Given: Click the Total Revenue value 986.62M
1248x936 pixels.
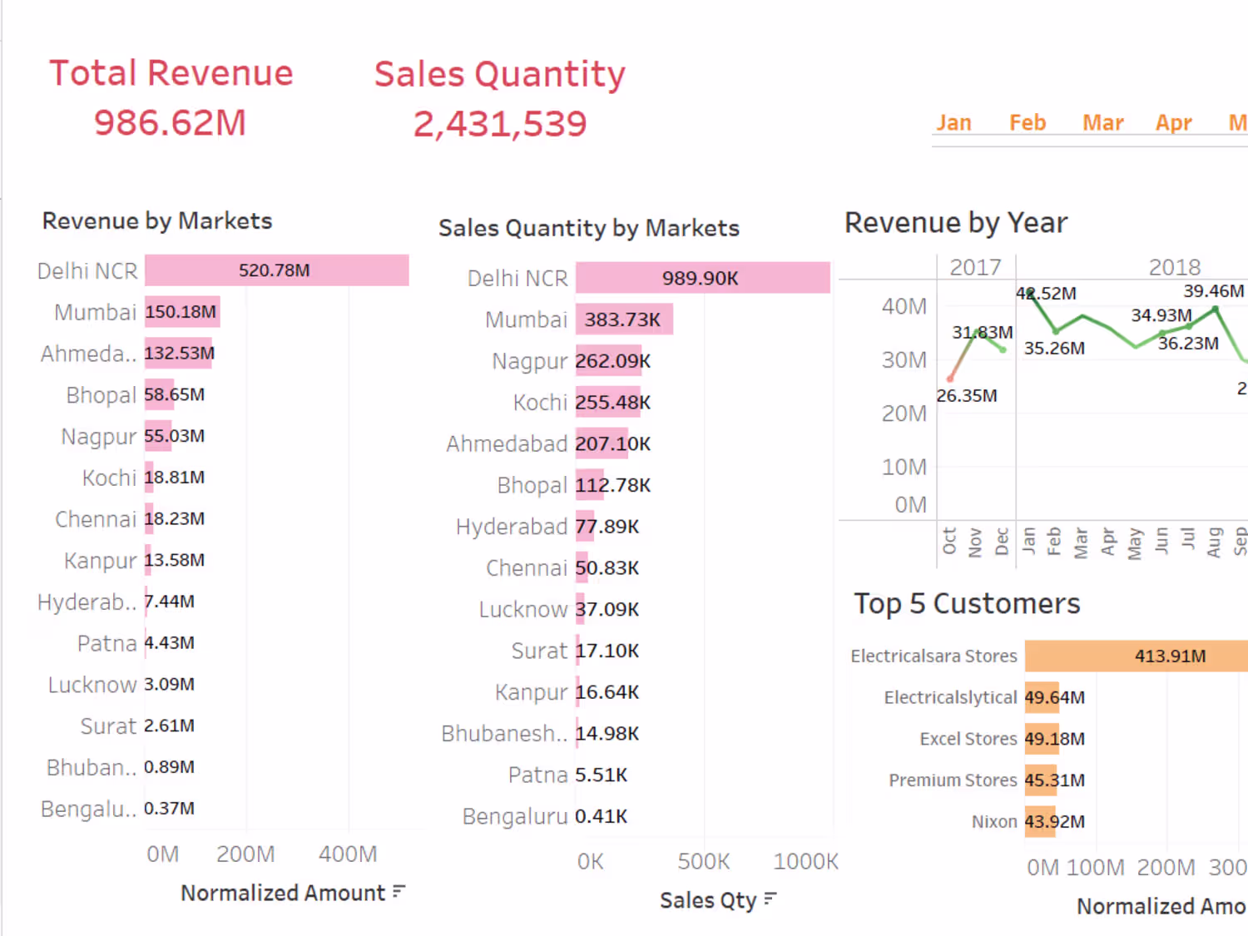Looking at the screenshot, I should click(170, 123).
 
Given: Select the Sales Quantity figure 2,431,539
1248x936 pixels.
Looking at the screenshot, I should click(500, 125).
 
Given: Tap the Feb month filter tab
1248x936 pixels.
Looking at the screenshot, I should click(1028, 123).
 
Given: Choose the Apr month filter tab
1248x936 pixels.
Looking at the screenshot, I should click(1173, 123).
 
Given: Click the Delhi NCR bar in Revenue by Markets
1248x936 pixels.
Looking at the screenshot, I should click(276, 270).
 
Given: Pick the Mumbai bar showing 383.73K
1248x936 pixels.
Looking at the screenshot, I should click(624, 319).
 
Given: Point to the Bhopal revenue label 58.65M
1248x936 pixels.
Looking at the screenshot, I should click(175, 394).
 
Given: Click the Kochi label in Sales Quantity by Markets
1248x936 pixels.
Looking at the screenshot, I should click(540, 403).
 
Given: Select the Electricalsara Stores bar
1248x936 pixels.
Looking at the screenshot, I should click(1136, 656).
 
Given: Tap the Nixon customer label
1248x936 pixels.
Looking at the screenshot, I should click(994, 822).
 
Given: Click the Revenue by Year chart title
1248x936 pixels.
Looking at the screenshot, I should click(956, 223).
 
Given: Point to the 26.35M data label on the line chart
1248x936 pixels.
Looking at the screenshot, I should click(967, 396).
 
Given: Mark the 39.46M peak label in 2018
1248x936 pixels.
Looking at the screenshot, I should click(1214, 291).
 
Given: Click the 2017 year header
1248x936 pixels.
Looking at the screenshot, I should click(975, 267).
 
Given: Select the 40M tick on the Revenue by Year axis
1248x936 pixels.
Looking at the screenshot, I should click(904, 306).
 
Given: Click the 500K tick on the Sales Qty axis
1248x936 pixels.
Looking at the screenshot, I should click(703, 861).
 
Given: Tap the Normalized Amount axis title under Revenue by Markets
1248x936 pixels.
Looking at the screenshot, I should click(283, 893).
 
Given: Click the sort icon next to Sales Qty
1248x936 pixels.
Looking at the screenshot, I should click(770, 899).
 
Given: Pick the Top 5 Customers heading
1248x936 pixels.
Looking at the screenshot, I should click(967, 603).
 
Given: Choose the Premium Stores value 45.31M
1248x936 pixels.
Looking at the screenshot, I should click(1055, 780).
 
